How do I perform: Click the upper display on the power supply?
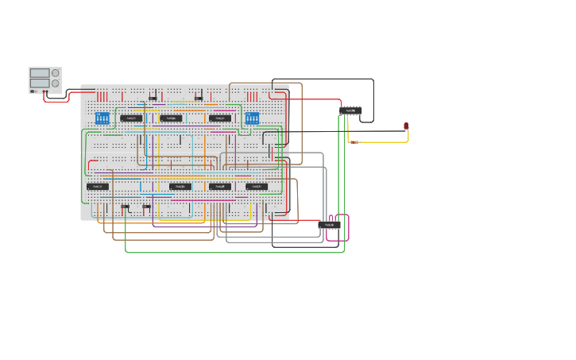[x=40, y=72]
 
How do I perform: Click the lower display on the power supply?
[x=40, y=83]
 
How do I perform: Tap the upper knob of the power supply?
[x=56, y=73]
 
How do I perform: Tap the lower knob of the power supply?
[x=56, y=83]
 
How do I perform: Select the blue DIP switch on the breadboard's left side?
[x=102, y=118]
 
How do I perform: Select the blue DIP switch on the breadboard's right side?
[x=252, y=118]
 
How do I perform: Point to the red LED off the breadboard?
[x=406, y=126]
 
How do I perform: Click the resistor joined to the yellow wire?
[x=354, y=142]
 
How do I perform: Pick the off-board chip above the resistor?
[x=350, y=110]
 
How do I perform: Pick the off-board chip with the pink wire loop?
[x=330, y=226]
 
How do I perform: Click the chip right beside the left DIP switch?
[x=131, y=118]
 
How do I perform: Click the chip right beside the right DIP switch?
[x=220, y=118]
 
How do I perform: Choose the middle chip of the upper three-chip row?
[x=171, y=118]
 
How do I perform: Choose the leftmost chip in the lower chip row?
[x=98, y=187]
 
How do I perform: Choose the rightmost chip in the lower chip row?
[x=256, y=187]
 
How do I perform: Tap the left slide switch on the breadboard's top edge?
[x=153, y=99]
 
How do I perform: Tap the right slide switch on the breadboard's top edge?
[x=199, y=99]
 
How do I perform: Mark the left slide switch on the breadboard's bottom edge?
[x=125, y=207]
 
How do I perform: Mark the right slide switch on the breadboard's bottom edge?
[x=147, y=207]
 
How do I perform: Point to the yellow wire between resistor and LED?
[x=389, y=142]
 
